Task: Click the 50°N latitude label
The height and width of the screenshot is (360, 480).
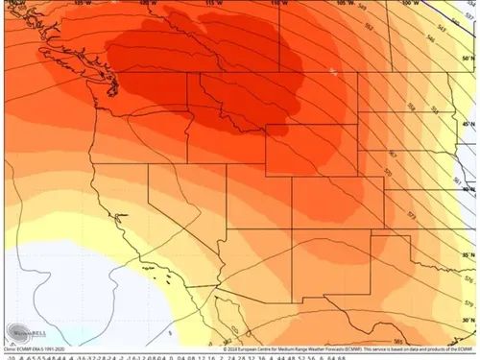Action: pos(468,59)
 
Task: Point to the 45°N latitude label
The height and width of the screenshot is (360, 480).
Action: pos(468,125)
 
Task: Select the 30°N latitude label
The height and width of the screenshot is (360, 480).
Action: pos(468,319)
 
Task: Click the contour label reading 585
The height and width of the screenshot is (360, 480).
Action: pos(396,340)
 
